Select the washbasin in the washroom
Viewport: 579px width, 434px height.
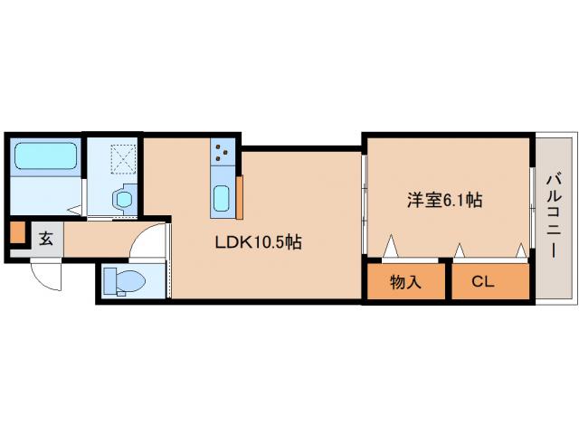point(123,196)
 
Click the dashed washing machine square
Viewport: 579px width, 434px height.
point(123,159)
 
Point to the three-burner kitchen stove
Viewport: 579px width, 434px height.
point(223,151)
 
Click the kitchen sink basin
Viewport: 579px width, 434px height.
point(223,196)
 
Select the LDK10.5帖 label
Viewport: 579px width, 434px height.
point(258,242)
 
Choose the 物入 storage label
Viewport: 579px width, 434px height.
point(406,282)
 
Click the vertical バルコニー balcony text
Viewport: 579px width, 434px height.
point(553,214)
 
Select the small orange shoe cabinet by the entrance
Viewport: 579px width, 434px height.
point(17,233)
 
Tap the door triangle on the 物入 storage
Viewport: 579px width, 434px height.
point(391,247)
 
